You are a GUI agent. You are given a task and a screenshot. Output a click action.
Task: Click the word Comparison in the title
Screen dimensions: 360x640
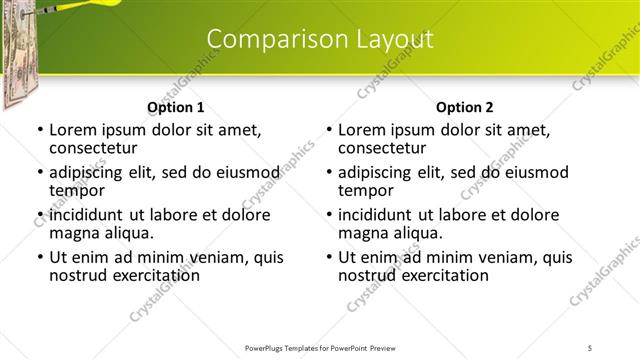click(265, 39)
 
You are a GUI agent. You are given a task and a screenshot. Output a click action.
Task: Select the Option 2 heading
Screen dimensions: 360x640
click(464, 107)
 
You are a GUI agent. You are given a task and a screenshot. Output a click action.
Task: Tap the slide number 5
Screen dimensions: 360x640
click(591, 348)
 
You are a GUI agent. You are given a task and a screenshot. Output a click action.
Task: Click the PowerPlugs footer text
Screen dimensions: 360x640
click(319, 348)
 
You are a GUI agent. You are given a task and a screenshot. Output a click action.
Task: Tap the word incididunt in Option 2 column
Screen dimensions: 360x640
click(377, 215)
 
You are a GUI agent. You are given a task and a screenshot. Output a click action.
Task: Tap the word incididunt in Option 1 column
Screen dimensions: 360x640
click(88, 215)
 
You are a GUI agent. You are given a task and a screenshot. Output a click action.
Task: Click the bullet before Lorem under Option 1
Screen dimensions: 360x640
click(40, 130)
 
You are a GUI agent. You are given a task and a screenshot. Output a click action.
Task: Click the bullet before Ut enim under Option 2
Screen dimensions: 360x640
click(329, 257)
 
